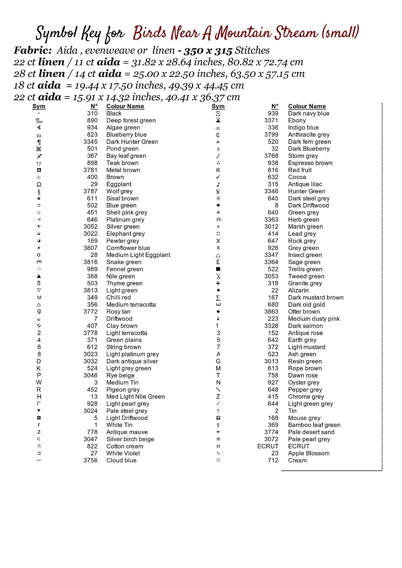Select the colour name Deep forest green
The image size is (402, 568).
click(131, 120)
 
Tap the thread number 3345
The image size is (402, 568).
click(90, 142)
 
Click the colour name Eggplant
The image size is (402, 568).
click(119, 184)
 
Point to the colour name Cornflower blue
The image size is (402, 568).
click(128, 248)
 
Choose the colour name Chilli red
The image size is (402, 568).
click(118, 298)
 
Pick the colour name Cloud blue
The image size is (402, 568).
click(121, 460)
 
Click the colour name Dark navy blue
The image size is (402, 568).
click(308, 113)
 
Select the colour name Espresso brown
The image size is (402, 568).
click(310, 163)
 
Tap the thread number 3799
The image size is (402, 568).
click(271, 134)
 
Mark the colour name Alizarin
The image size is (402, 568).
click(298, 290)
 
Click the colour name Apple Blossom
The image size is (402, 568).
click(308, 453)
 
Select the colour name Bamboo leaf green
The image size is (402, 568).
click(314, 425)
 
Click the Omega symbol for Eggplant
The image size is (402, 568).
click(39, 184)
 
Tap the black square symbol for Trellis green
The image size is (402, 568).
click(218, 269)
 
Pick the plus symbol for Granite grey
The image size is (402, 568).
click(218, 283)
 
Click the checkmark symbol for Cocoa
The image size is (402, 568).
click(218, 177)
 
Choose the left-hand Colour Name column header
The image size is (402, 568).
click(125, 106)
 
